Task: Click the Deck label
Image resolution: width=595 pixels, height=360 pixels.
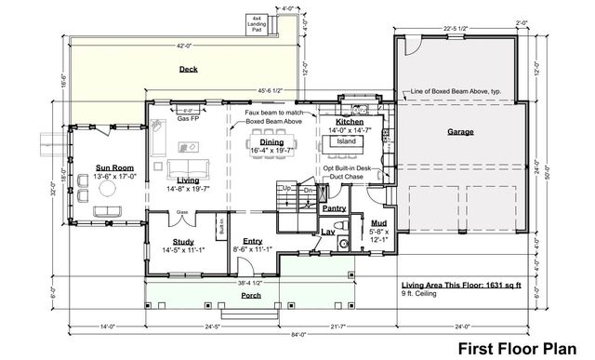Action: (189, 70)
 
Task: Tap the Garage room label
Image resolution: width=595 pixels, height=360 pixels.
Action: (460, 132)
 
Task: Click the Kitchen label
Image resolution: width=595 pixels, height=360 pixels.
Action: (349, 122)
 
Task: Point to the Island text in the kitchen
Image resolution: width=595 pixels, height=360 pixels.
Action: (346, 141)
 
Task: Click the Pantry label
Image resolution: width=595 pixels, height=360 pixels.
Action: (335, 208)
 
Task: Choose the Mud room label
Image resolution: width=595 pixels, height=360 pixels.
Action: (378, 223)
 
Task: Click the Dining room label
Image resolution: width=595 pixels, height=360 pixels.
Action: (272, 141)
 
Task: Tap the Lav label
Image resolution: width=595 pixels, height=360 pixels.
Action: (328, 233)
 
